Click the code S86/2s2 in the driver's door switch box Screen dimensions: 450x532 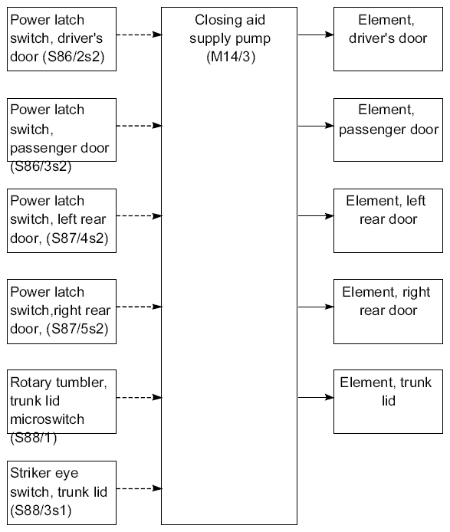pos(74,57)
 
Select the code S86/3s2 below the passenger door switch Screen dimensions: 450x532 pos(41,166)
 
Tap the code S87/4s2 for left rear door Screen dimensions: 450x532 pos(77,238)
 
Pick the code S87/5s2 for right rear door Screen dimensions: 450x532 pos(77,329)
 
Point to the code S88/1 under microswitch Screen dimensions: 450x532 pos(33,438)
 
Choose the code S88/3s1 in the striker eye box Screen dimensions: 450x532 pos(41,511)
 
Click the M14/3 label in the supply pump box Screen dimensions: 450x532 pos(231,57)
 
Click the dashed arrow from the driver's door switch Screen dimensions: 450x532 pos(140,34)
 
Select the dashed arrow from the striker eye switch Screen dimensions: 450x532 pos(140,488)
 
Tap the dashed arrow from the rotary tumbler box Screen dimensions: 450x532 pos(140,397)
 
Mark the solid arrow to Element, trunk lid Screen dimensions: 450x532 pos(316,397)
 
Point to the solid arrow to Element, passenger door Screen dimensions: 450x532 pos(316,126)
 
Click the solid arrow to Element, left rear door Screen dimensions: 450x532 pos(316,215)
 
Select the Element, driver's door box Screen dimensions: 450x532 pos(388,39)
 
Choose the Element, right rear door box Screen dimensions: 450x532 pos(388,311)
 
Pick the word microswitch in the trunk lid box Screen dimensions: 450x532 pos(48,419)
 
